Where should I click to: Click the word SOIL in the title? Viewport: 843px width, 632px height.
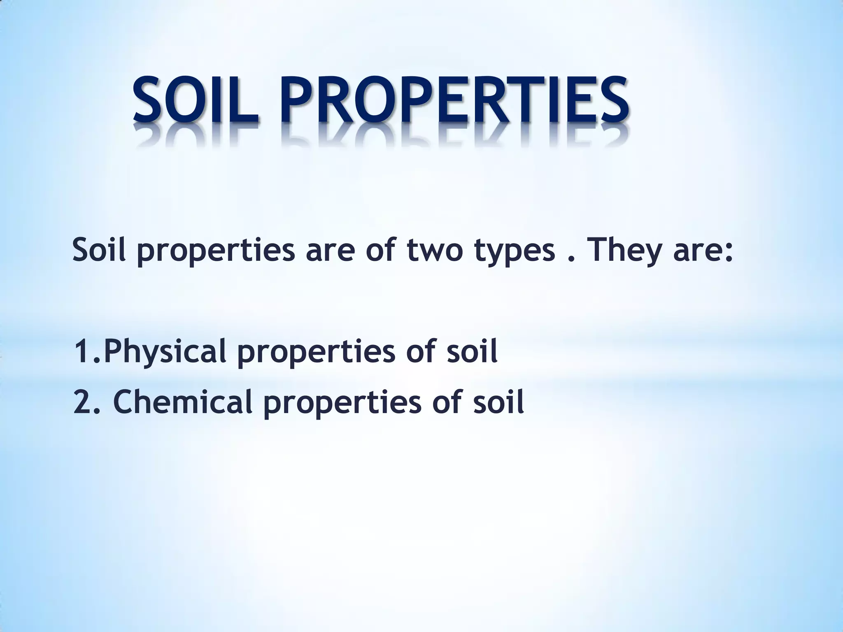coord(196,101)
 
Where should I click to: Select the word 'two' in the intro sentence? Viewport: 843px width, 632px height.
coord(434,251)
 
